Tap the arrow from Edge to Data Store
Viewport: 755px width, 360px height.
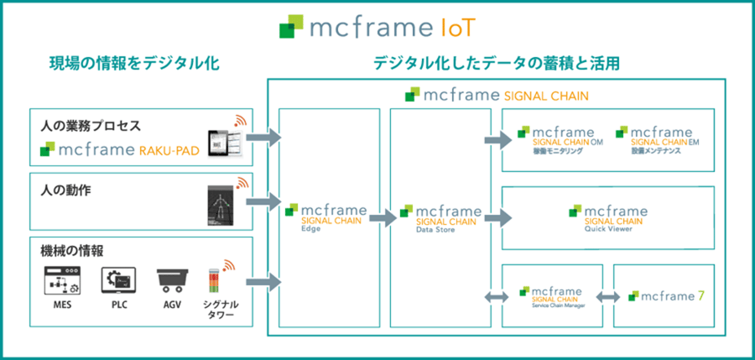point(382,218)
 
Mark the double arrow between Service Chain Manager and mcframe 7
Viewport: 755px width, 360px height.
point(607,295)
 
